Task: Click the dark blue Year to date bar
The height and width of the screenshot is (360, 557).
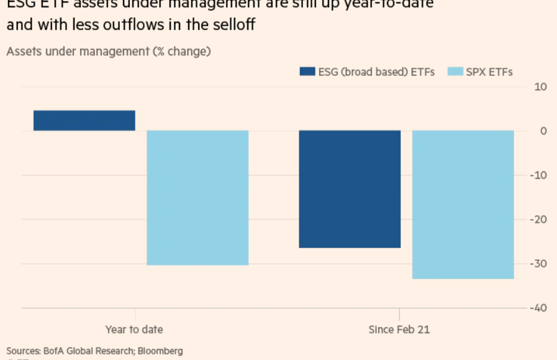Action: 84,120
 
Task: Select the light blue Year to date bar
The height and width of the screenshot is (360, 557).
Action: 197,197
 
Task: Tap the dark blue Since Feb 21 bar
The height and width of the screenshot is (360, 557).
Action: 350,189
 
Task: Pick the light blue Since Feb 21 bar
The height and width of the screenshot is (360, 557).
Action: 463,204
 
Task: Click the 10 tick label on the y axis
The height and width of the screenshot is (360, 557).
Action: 540,86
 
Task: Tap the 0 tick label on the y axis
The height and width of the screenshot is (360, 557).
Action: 543,131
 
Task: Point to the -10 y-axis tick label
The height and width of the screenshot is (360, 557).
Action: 538,175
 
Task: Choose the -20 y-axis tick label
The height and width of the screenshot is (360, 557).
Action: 538,220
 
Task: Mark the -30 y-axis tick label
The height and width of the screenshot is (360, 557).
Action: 538,264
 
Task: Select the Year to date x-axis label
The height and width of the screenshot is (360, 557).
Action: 135,330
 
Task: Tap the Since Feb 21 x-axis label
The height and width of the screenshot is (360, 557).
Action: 399,330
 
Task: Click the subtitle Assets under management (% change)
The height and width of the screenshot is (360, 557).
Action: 109,51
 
